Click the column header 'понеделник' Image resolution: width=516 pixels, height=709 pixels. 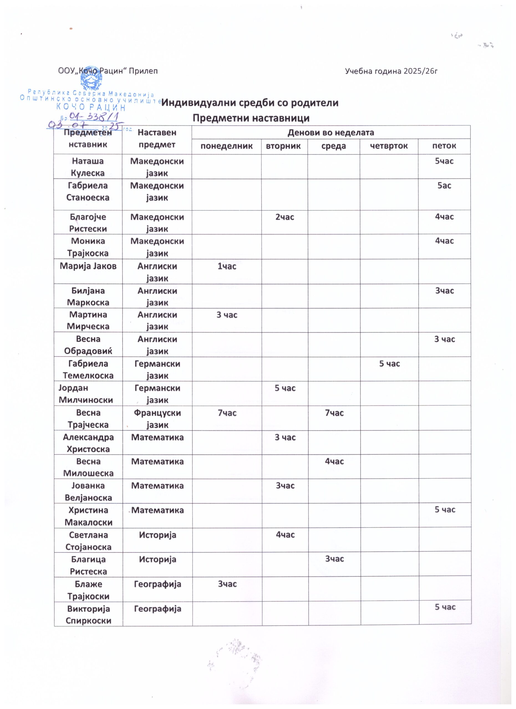(x=226, y=146)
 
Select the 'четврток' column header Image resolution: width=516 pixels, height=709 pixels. (x=389, y=146)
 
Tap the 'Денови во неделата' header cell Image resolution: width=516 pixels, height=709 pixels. (x=331, y=133)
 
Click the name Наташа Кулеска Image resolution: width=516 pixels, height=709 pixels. (x=88, y=167)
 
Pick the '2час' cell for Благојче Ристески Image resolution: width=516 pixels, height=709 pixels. (x=284, y=217)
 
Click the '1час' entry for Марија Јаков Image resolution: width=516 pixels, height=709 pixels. (x=227, y=266)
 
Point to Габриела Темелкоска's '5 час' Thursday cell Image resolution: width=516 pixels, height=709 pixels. (x=389, y=364)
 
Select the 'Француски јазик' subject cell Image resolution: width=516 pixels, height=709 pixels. (x=157, y=418)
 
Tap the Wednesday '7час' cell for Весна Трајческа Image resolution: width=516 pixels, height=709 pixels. (x=334, y=413)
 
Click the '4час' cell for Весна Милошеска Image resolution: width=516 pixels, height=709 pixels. (x=334, y=461)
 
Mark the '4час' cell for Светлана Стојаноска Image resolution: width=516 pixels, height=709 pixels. (x=285, y=535)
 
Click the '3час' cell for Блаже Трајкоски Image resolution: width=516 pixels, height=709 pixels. (x=227, y=584)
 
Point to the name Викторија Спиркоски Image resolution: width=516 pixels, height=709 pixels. (x=88, y=615)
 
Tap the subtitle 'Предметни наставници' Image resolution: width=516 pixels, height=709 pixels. (x=251, y=118)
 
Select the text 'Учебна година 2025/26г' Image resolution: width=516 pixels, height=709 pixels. (x=391, y=71)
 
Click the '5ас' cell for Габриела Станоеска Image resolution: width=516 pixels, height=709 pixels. (x=444, y=186)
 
